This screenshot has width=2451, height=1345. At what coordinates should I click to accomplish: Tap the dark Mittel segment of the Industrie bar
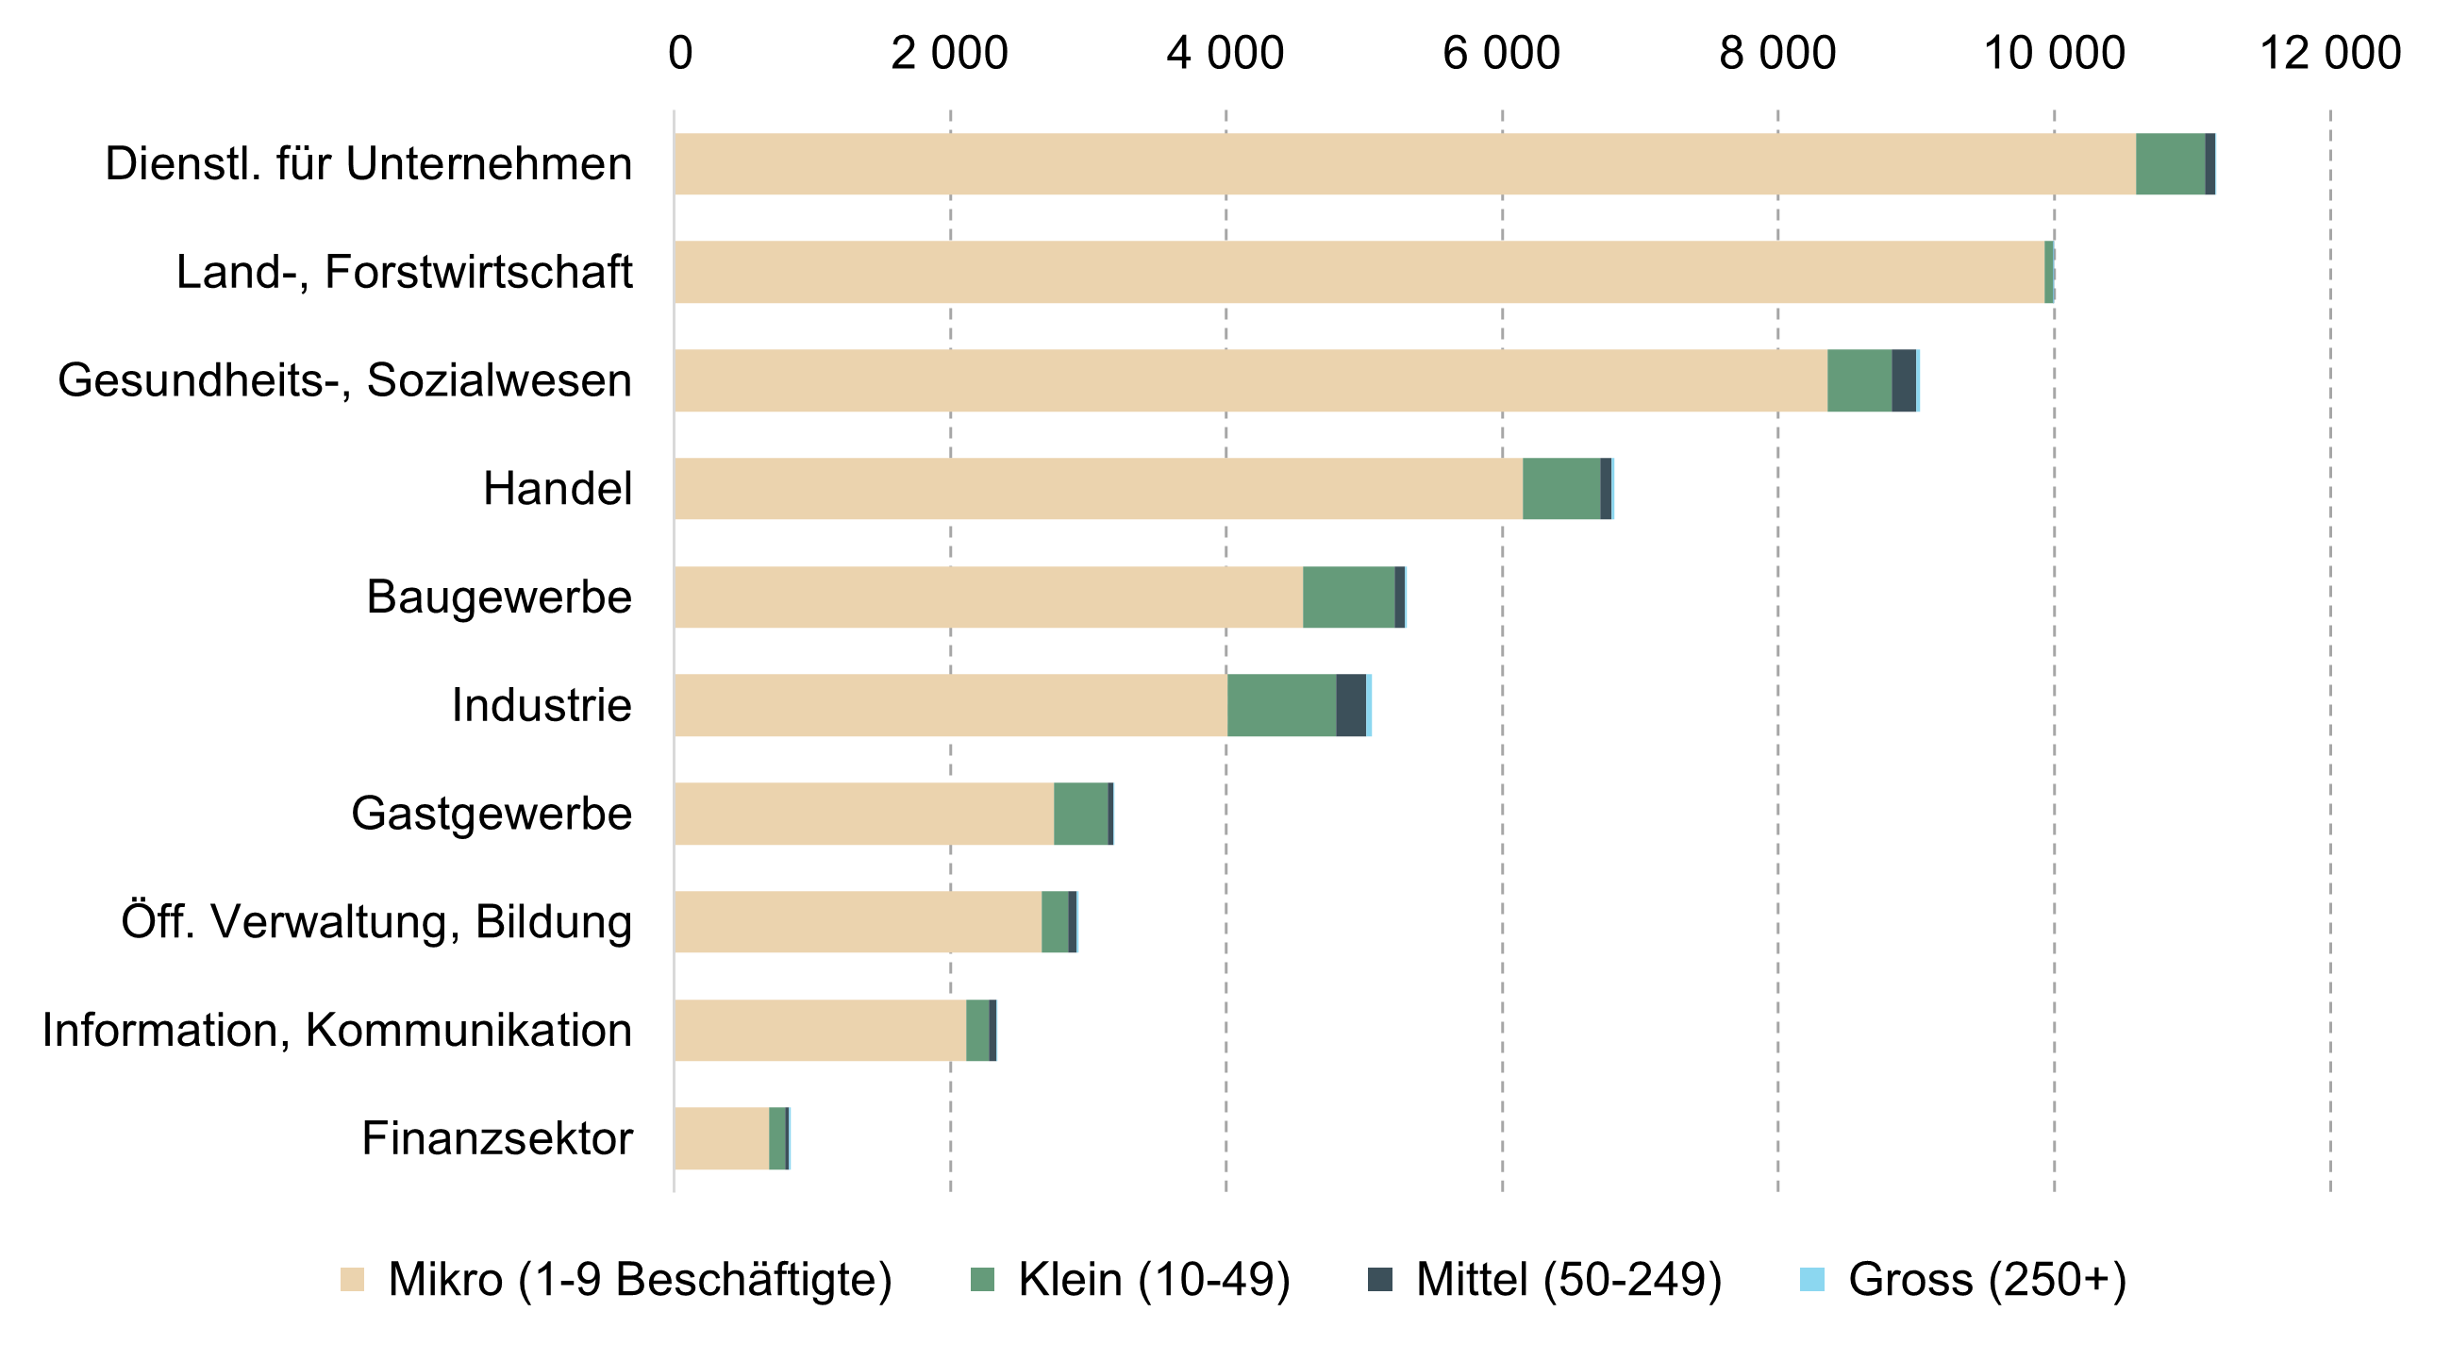point(1350,705)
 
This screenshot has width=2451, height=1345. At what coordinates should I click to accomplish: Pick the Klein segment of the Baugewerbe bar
point(1348,597)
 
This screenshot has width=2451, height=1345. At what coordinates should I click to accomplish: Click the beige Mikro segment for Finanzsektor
point(721,1138)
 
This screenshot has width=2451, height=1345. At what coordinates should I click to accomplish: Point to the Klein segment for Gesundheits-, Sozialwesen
point(1859,380)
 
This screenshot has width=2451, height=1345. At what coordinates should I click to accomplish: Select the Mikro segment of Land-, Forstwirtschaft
point(1359,272)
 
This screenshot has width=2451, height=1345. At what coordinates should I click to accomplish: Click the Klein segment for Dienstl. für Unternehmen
point(2170,163)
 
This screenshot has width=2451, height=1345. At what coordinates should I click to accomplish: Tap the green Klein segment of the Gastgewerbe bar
point(1081,814)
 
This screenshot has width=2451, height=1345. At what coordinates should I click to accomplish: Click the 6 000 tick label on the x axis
point(1501,53)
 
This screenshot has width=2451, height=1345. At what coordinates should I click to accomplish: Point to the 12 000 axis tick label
point(2329,53)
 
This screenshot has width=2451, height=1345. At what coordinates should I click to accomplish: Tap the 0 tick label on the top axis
point(680,53)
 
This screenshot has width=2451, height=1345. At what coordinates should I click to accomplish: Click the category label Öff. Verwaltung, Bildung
point(376,922)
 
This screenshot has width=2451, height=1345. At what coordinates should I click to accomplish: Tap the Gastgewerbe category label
point(491,814)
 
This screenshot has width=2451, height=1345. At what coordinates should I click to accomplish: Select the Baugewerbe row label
point(498,597)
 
